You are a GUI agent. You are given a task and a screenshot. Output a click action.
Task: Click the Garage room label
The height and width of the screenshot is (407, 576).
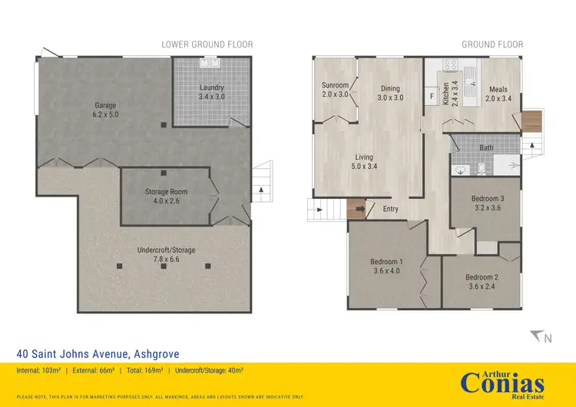(106, 109)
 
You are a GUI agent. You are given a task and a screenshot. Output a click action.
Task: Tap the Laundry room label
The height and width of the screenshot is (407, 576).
(211, 92)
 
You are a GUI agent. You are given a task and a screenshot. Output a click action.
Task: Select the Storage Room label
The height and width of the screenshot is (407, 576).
(166, 197)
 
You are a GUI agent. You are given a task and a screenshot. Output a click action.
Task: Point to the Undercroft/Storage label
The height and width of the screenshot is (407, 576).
(166, 255)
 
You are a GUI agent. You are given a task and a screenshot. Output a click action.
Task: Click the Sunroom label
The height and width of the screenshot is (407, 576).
(336, 90)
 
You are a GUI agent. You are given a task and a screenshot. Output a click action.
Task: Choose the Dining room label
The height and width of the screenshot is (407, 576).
(390, 93)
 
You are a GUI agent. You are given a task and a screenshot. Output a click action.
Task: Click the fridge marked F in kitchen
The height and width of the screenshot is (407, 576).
(432, 97)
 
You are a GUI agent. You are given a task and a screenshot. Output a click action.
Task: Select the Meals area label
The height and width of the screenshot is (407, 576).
(499, 94)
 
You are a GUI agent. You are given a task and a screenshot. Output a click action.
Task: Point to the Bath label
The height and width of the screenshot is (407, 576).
(486, 147)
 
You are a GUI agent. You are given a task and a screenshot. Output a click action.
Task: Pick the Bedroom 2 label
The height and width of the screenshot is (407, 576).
(482, 282)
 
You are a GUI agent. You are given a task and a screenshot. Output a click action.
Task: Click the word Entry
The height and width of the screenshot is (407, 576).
(390, 208)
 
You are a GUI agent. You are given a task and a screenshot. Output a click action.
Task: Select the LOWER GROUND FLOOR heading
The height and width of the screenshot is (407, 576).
(207, 45)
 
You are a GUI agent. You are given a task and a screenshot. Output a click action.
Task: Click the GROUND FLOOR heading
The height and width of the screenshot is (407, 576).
(492, 45)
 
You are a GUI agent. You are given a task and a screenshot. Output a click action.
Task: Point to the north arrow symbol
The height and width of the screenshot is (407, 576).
(539, 336)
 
